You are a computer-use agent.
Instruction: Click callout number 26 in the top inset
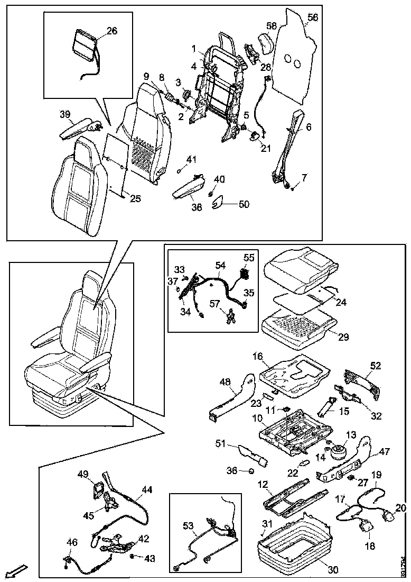click(112, 31)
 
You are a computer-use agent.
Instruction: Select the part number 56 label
click(313, 17)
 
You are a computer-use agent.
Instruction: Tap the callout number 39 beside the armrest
click(65, 115)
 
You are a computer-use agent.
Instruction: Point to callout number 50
click(244, 204)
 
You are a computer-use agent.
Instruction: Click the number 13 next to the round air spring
click(350, 434)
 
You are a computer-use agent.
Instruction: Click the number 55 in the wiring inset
click(249, 258)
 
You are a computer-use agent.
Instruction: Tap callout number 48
click(226, 381)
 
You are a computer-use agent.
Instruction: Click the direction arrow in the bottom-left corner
click(17, 571)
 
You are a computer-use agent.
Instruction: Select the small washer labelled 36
click(251, 470)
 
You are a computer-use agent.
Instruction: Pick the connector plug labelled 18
click(365, 525)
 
